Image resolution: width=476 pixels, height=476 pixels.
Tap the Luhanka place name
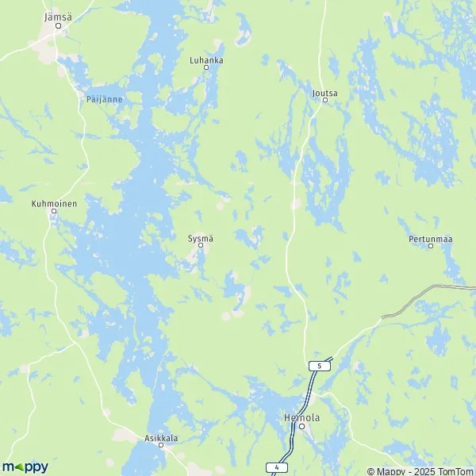(206, 59)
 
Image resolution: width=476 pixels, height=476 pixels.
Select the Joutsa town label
(325, 92)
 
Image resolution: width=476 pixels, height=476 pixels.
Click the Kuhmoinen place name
(54, 203)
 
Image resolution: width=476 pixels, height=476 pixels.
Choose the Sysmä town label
(201, 236)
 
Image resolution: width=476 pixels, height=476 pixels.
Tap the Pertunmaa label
(431, 237)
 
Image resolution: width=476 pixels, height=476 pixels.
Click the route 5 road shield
(318, 366)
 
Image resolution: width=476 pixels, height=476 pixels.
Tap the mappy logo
(25, 466)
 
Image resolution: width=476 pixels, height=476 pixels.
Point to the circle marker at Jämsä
(58, 25)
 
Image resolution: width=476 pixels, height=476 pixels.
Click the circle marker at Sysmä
(201, 245)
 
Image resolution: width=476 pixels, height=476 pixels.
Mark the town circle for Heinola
(301, 426)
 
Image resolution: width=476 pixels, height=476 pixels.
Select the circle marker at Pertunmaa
(431, 246)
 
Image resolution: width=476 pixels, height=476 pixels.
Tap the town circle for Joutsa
(325, 100)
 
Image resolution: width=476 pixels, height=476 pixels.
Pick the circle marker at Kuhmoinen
(54, 211)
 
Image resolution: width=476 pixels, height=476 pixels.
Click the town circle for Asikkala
(161, 445)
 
